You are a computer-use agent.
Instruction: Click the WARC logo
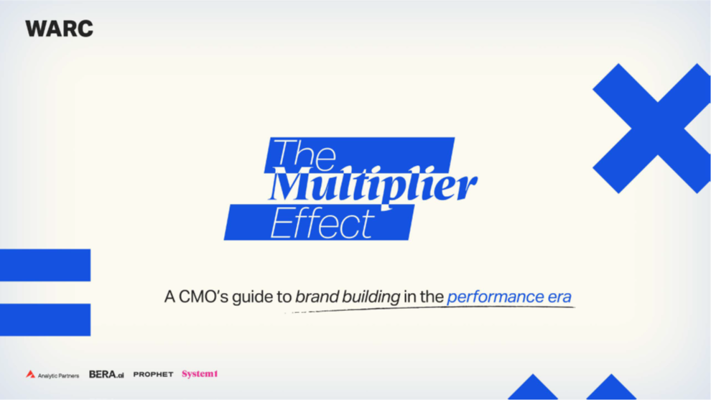point(59,29)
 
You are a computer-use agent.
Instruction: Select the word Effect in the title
point(322,223)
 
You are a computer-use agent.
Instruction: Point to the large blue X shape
point(651,129)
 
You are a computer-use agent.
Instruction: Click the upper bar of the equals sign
point(45,265)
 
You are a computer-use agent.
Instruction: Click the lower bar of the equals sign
point(45,320)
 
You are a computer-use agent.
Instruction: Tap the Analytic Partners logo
point(52,375)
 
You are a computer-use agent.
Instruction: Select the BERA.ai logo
point(106,374)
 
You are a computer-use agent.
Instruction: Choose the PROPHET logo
point(153,374)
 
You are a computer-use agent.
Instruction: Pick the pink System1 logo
point(200,373)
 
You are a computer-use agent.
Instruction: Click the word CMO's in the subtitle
point(203,297)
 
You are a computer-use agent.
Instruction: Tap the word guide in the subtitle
point(254,297)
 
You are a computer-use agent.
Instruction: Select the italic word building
point(371,297)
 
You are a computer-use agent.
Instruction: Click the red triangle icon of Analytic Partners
point(30,374)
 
